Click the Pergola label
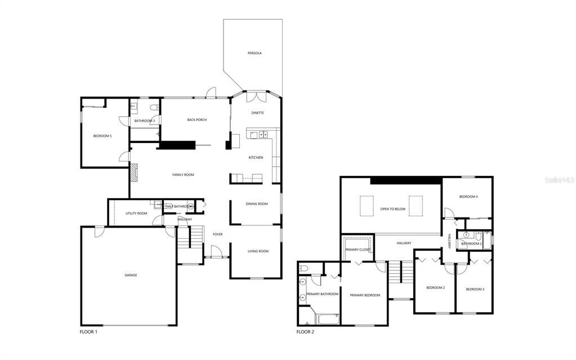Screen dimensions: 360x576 [254, 53]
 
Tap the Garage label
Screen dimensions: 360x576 [131, 275]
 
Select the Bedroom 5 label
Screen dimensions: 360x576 [102, 136]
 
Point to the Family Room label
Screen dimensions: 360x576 [183, 175]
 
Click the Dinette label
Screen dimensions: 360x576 [257, 113]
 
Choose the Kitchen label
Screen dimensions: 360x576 [256, 157]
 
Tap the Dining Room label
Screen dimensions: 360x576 [257, 203]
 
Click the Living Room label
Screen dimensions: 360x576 [258, 251]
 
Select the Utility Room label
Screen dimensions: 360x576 [136, 214]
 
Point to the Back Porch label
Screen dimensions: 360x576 [197, 119]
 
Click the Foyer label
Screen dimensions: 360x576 [217, 234]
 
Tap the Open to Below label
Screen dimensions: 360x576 [392, 209]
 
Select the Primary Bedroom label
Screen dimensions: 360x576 [365, 295]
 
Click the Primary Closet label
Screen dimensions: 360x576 [358, 250]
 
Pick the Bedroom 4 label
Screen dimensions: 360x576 [468, 197]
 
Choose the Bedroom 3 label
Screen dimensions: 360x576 [475, 289]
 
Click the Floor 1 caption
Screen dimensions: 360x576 [88, 332]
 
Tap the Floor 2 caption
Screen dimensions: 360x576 [305, 332]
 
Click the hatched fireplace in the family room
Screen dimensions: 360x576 [134, 172]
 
